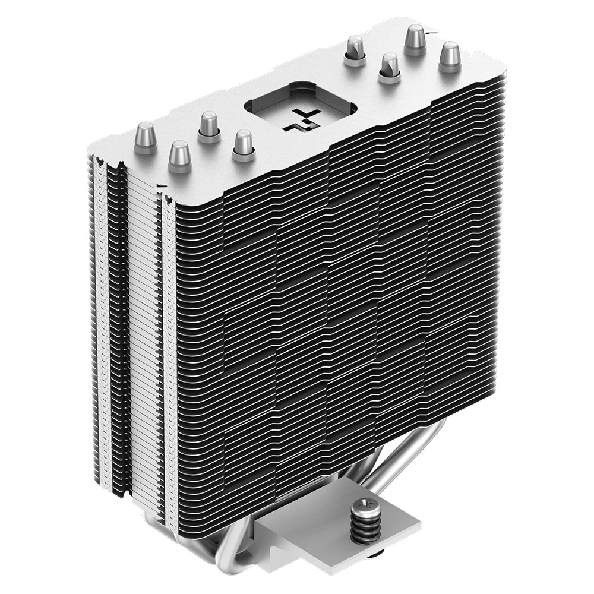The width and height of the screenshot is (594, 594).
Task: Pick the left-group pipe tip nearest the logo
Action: pos(242,144)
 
